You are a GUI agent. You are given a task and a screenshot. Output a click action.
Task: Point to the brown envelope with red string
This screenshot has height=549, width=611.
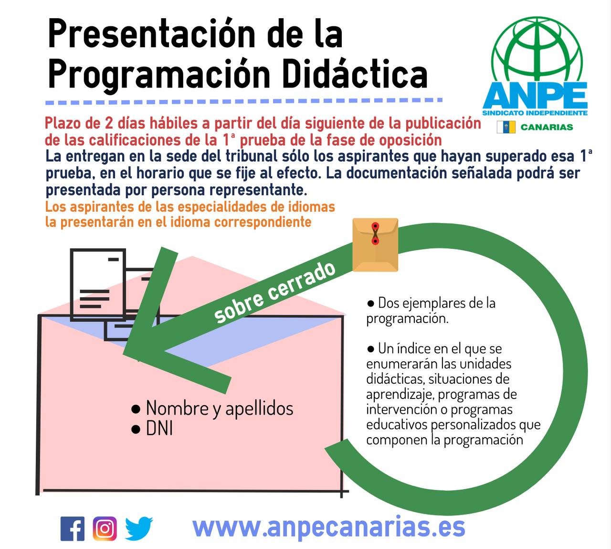pyautogui.click(x=375, y=245)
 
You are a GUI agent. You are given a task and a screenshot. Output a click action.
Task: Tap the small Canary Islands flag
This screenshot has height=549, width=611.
pyautogui.click(x=506, y=127)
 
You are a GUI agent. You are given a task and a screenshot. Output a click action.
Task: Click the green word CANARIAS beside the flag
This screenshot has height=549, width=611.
pyautogui.click(x=547, y=127)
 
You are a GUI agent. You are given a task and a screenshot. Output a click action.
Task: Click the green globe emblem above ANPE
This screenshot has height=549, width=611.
pyautogui.click(x=537, y=50)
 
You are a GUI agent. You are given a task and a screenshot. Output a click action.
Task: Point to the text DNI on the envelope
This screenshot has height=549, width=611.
pyautogui.click(x=159, y=429)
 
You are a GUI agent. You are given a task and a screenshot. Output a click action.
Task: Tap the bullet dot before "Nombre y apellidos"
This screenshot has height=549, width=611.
pyautogui.click(x=136, y=409)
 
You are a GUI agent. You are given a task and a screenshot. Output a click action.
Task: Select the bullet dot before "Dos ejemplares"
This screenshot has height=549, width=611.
pyautogui.click(x=370, y=303)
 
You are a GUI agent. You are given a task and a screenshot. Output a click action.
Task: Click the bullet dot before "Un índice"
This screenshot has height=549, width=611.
pyautogui.click(x=370, y=349)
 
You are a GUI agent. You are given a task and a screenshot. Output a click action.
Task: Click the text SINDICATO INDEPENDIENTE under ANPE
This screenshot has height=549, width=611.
pyautogui.click(x=535, y=113)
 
